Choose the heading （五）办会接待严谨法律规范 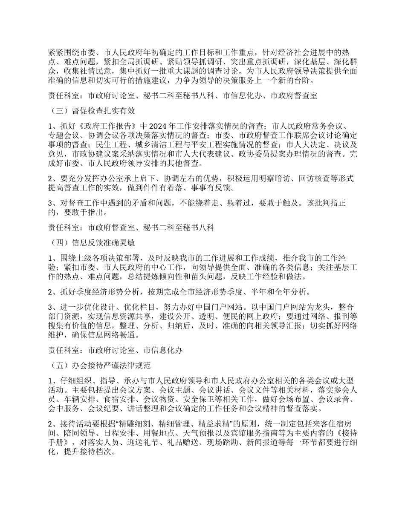100,366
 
